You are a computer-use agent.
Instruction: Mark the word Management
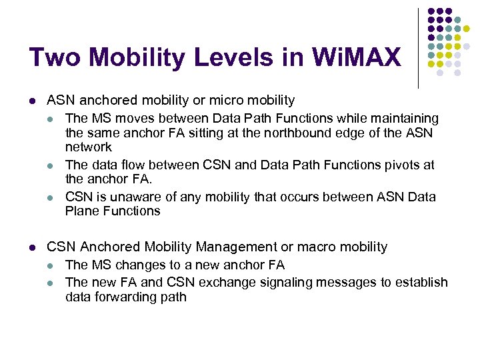pyautogui.click(x=212, y=247)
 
